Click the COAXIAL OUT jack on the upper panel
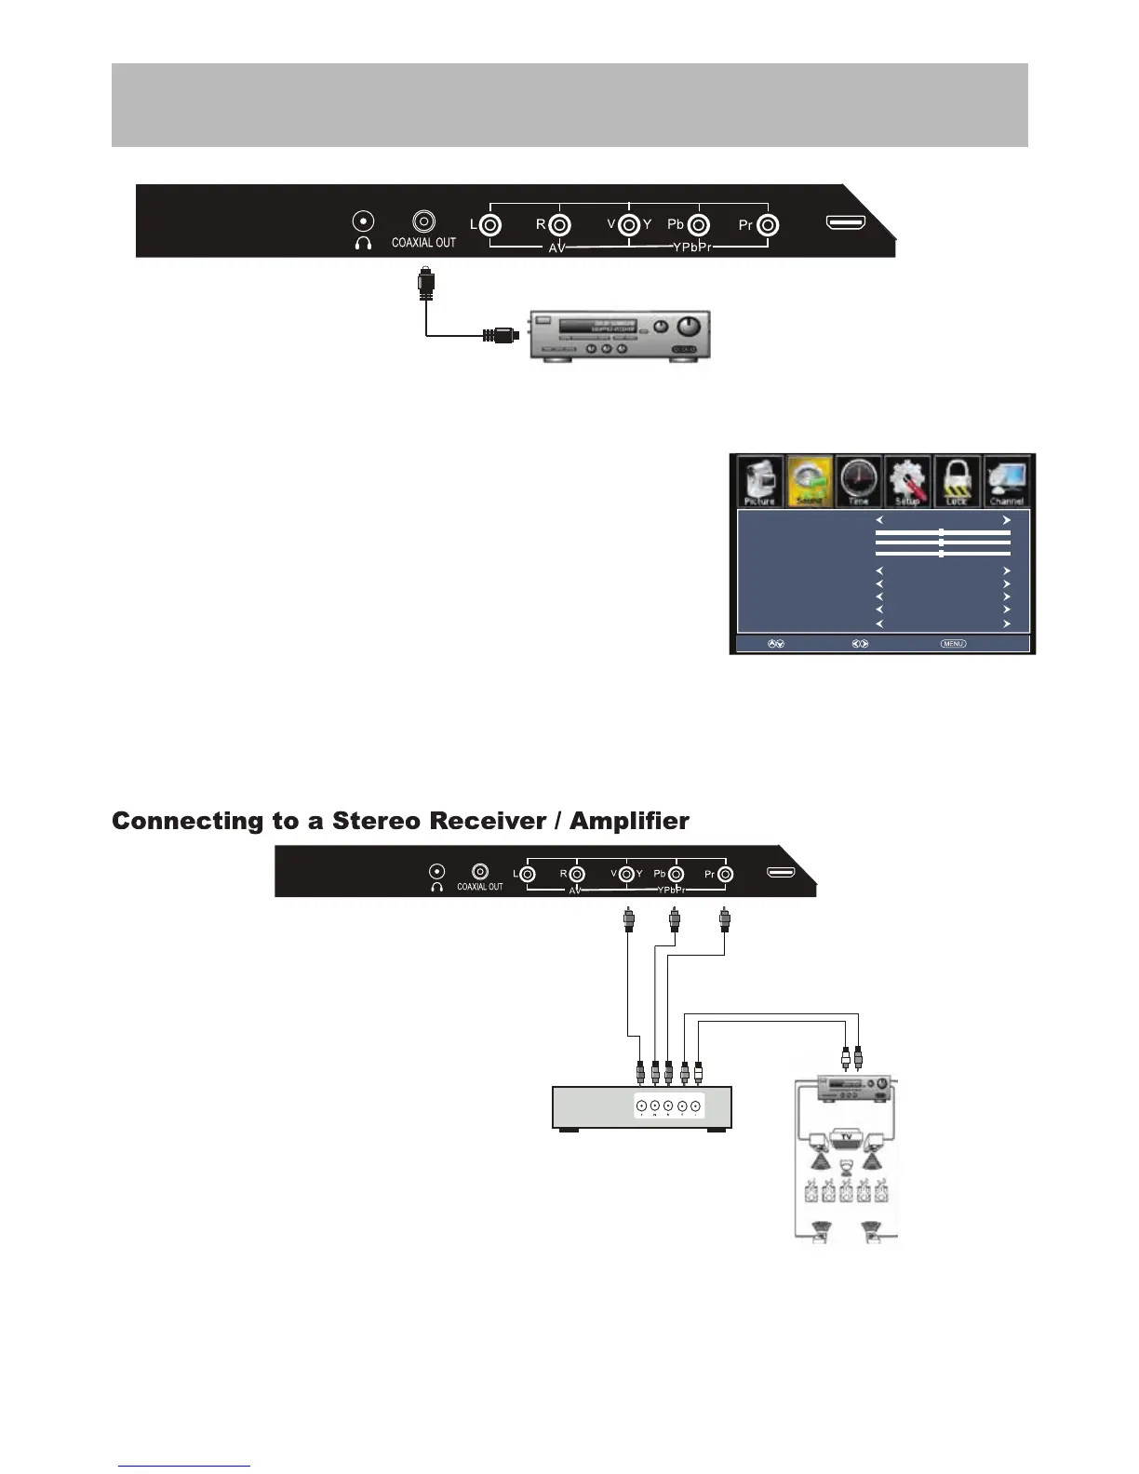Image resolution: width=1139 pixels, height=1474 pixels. [x=424, y=221]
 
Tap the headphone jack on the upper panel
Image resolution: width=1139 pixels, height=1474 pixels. [x=363, y=221]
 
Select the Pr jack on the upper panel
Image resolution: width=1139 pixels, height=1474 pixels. [x=767, y=225]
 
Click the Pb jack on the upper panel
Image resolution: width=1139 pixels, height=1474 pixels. [x=699, y=225]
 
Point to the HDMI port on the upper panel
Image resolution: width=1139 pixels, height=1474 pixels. [x=846, y=223]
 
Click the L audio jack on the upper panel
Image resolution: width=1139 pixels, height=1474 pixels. [x=491, y=225]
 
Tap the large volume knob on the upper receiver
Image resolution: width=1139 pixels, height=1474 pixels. [x=690, y=327]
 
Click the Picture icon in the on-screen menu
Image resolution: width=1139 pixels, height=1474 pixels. [x=760, y=481]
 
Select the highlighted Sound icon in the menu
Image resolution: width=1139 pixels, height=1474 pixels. [x=810, y=481]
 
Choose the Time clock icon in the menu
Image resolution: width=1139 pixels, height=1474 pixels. [x=858, y=481]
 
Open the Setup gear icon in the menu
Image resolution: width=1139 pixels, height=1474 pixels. [x=907, y=481]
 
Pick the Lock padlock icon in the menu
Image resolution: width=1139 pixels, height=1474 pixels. [x=957, y=481]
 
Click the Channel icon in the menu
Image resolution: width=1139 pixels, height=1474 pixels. [x=1007, y=481]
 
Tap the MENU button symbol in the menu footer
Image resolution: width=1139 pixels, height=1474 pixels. [x=953, y=643]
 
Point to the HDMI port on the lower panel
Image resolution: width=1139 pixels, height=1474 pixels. [x=781, y=873]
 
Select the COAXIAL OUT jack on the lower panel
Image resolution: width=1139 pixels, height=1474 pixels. [x=480, y=872]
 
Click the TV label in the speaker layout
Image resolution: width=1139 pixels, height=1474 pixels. [x=846, y=1137]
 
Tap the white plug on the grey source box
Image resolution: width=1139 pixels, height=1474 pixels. [x=698, y=1073]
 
